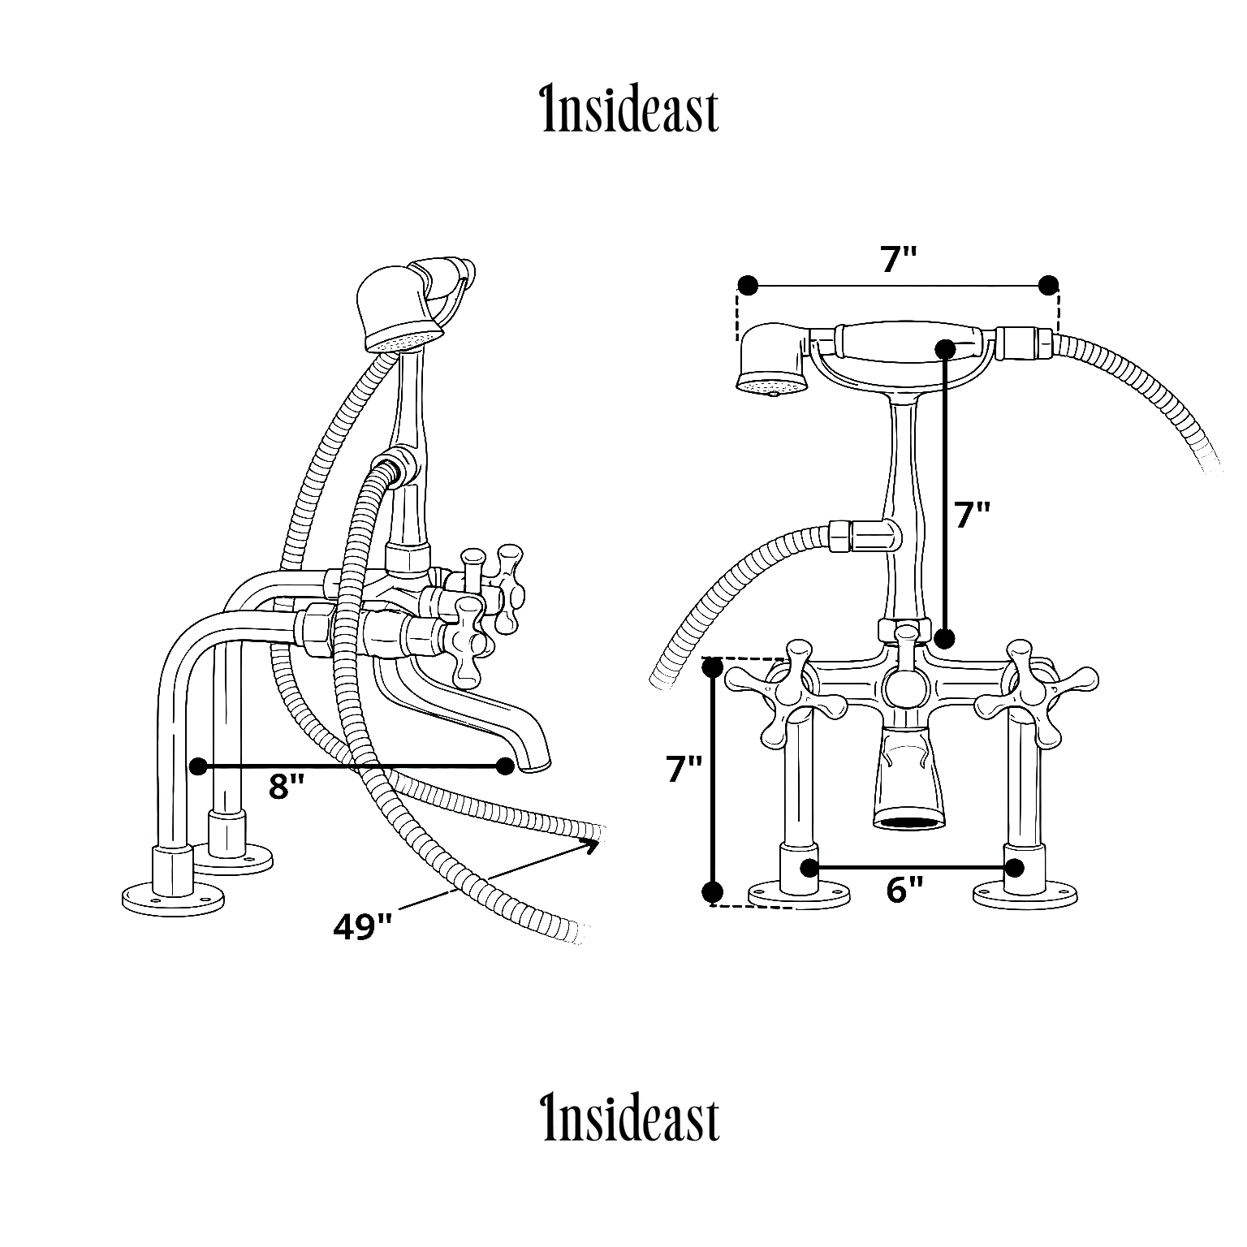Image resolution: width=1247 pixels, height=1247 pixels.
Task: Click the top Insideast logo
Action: pyautogui.click(x=630, y=110)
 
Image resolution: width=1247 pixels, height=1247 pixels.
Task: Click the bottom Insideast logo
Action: pyautogui.click(x=630, y=1119)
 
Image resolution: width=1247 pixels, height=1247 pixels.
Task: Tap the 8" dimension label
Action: pyautogui.click(x=287, y=786)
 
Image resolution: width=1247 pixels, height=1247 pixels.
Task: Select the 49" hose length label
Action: pyautogui.click(x=362, y=926)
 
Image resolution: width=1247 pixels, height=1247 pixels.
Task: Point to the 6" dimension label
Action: pyautogui.click(x=905, y=890)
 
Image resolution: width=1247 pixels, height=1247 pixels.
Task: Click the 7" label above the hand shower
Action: pyautogui.click(x=899, y=260)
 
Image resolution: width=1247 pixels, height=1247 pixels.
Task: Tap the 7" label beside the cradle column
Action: pyautogui.click(x=973, y=515)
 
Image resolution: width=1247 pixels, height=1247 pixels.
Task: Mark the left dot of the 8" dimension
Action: pyautogui.click(x=196, y=766)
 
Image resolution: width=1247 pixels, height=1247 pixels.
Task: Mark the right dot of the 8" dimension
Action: pyautogui.click(x=505, y=766)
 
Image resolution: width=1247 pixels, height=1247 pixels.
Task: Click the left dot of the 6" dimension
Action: pyautogui.click(x=809, y=867)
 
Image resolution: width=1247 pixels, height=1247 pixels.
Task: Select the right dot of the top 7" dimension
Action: pyautogui.click(x=1049, y=285)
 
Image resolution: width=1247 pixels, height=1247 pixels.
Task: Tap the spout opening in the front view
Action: pyautogui.click(x=908, y=821)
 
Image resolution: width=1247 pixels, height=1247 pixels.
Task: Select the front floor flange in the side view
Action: pyautogui.click(x=172, y=896)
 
